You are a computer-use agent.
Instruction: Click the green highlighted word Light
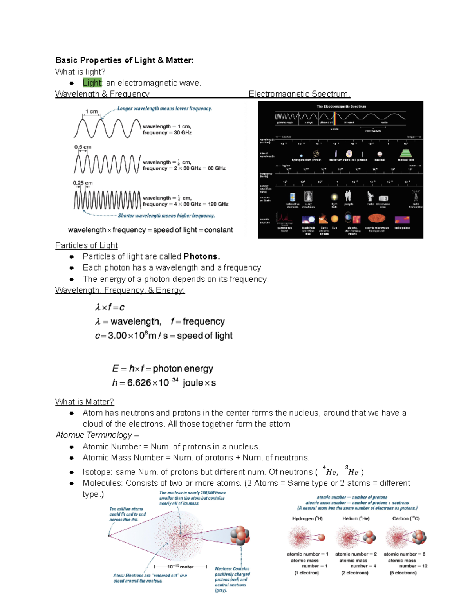coord(92,83)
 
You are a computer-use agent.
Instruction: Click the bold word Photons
coord(202,256)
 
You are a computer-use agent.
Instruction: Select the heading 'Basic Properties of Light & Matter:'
coord(124,60)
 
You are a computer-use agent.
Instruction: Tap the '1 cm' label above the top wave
coord(91,112)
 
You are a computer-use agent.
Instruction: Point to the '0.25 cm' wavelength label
coord(83,183)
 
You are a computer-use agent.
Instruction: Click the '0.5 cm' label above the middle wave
coord(83,147)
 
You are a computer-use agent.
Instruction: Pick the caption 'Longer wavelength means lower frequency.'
coord(164,108)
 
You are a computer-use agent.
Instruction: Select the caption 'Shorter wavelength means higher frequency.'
coord(166,216)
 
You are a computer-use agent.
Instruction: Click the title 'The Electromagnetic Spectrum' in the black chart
coord(341,106)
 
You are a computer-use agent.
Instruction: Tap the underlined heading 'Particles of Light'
coord(86,245)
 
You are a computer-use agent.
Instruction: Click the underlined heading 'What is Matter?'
coord(84,402)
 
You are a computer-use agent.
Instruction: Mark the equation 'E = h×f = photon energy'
coord(163,368)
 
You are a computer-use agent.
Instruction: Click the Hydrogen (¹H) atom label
coord(307,518)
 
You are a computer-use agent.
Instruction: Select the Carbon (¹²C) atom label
coord(406,518)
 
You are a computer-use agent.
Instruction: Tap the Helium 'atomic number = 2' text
coord(356,554)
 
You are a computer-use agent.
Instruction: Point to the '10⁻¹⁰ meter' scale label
coord(181,567)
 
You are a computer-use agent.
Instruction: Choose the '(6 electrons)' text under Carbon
coord(403,573)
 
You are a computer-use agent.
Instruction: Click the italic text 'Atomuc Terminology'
coord(94,435)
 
